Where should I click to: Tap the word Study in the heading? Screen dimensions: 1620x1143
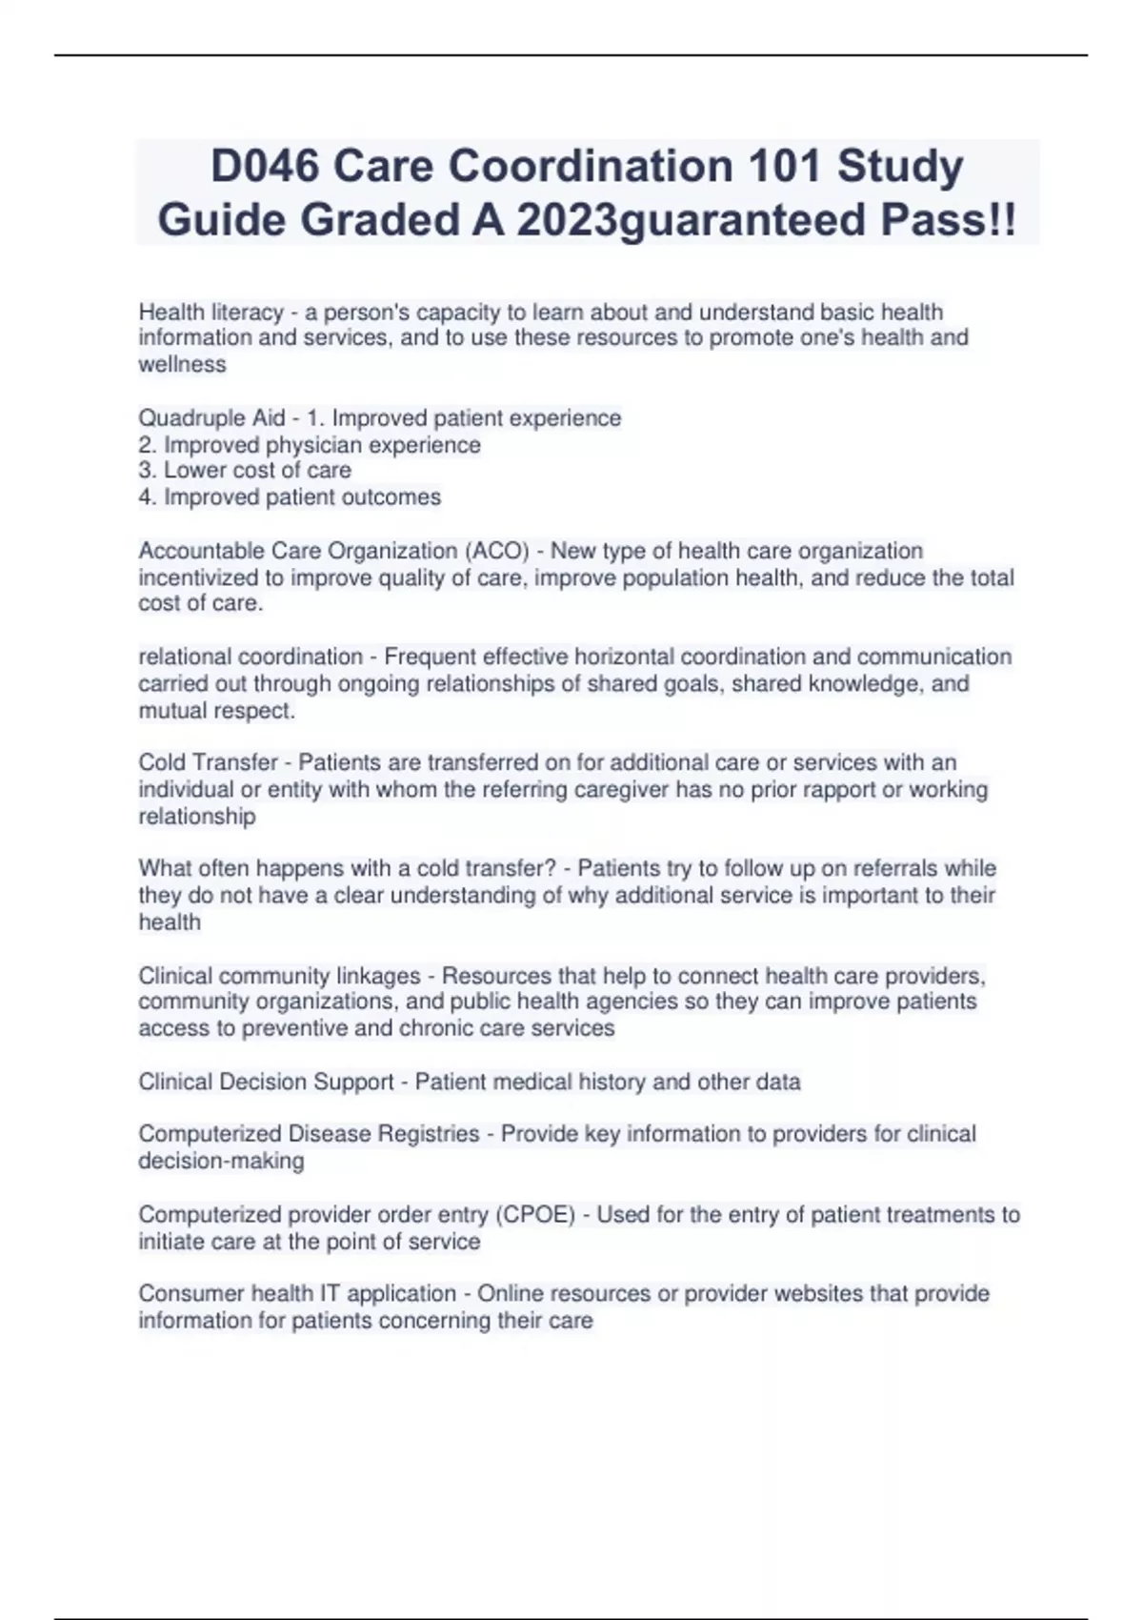pyautogui.click(x=900, y=167)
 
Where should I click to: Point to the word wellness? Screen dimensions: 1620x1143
pyautogui.click(x=182, y=364)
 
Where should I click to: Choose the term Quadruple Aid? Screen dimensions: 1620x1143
pyautogui.click(x=211, y=417)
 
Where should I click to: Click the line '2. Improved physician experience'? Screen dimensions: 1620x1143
pyautogui.click(x=310, y=445)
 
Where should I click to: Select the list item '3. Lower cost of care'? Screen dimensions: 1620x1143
pyautogui.click(x=245, y=470)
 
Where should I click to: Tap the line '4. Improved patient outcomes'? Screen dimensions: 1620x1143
pyautogui.click(x=290, y=496)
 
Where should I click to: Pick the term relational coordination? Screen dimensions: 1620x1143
pyautogui.click(x=251, y=657)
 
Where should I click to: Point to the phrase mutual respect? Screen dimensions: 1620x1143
pyautogui.click(x=216, y=710)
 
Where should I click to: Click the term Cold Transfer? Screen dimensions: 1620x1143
pyautogui.click(x=208, y=762)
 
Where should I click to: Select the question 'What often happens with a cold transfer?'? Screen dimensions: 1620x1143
pyautogui.click(x=347, y=868)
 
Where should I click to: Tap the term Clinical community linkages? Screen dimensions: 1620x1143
pyautogui.click(x=279, y=976)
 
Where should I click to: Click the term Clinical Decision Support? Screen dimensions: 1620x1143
pyautogui.click(x=266, y=1082)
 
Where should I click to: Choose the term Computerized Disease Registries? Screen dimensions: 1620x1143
pyautogui.click(x=309, y=1134)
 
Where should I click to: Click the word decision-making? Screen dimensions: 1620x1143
pyautogui.click(x=221, y=1161)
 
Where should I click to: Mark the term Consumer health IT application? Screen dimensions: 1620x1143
pyautogui.click(x=296, y=1293)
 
